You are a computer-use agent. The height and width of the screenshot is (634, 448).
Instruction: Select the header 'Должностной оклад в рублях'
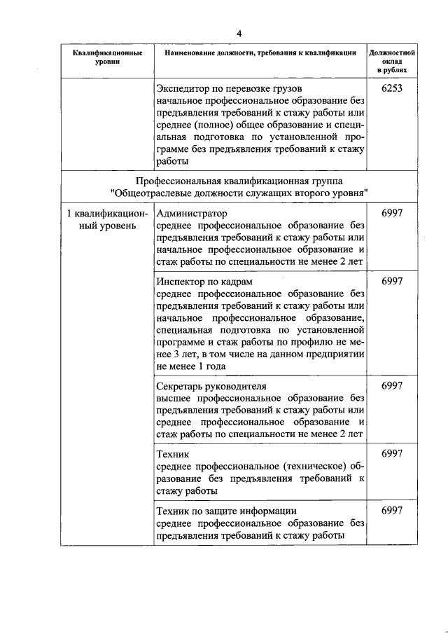click(x=392, y=62)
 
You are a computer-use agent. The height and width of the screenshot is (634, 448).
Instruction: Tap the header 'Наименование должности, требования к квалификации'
click(x=260, y=53)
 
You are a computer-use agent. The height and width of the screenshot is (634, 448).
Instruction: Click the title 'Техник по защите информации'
click(x=227, y=510)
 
